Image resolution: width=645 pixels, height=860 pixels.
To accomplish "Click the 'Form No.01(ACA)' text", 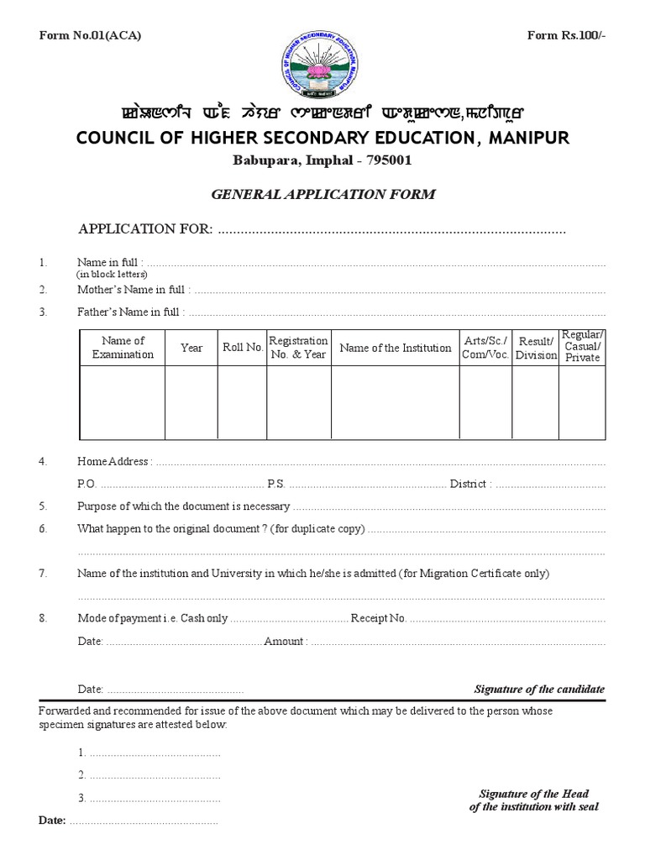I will click(x=90, y=34).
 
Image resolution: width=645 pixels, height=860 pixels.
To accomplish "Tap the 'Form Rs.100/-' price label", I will click(x=565, y=34).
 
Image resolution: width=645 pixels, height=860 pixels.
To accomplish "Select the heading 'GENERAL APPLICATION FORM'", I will click(x=322, y=194).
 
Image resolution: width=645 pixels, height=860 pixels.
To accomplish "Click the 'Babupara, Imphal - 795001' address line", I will click(x=322, y=160).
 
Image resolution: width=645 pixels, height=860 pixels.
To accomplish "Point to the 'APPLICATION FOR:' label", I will click(x=145, y=228).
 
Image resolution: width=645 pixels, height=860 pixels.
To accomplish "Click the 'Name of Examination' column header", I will click(x=123, y=348).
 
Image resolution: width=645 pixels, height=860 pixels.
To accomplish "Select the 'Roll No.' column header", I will click(x=243, y=348).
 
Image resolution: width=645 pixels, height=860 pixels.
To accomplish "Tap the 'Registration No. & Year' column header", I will click(x=298, y=348).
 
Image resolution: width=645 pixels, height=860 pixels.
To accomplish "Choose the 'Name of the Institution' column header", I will click(x=395, y=348).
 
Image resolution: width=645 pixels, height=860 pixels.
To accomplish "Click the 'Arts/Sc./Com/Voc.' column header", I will click(x=485, y=348).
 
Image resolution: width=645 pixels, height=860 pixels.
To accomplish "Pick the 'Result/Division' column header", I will click(x=536, y=348).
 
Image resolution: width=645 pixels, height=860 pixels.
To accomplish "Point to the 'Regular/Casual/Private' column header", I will click(x=583, y=346).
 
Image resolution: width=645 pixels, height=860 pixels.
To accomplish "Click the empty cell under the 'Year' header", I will click(x=191, y=403).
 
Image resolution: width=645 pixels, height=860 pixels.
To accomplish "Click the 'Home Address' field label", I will click(x=114, y=461).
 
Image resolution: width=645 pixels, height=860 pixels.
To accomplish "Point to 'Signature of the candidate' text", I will click(x=539, y=689).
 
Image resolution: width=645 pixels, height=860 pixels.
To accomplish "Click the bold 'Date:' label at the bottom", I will click(x=52, y=820).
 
